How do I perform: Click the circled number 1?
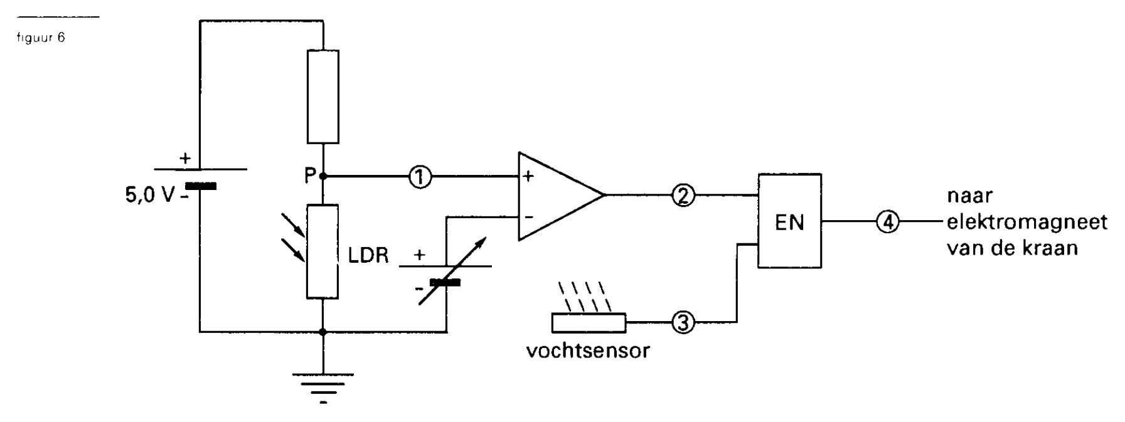pyautogui.click(x=420, y=177)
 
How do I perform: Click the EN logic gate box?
pyautogui.click(x=789, y=221)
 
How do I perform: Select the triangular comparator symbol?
pyautogui.click(x=560, y=196)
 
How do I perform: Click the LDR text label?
pyautogui.click(x=368, y=256)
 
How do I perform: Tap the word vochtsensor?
pyautogui.click(x=588, y=351)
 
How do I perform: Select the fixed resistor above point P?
pyautogui.click(x=323, y=97)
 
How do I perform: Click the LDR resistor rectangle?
pyautogui.click(x=323, y=251)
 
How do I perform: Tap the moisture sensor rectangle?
pyautogui.click(x=589, y=322)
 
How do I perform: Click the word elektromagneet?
pyautogui.click(x=1026, y=223)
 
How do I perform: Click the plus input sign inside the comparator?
pyautogui.click(x=528, y=177)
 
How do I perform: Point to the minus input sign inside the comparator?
pyautogui.click(x=528, y=217)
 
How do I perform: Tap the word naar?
pyautogui.click(x=970, y=197)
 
